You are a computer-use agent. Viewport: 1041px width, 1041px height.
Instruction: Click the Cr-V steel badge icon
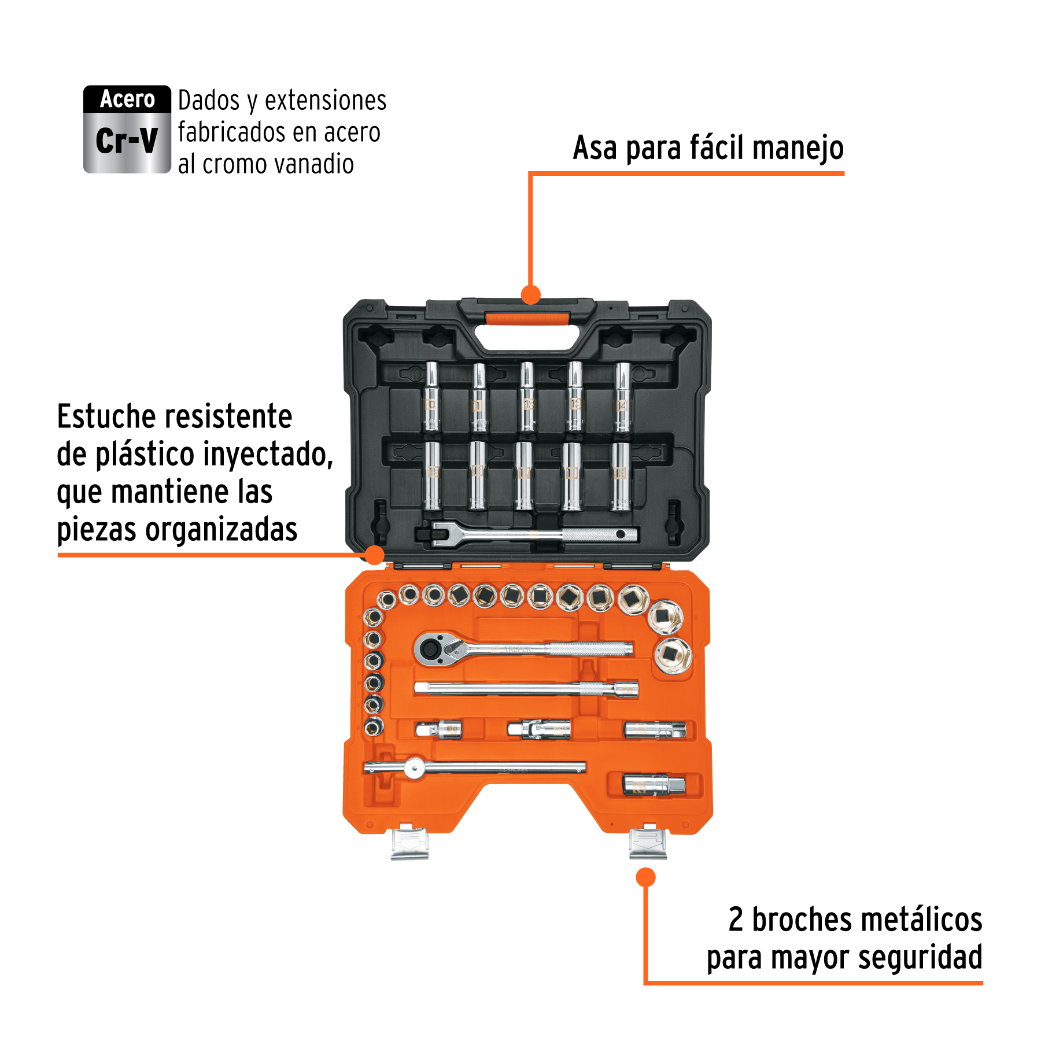(127, 129)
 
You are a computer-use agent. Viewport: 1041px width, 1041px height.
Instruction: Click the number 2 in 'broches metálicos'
(736, 920)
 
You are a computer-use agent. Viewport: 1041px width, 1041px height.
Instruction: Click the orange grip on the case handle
(527, 318)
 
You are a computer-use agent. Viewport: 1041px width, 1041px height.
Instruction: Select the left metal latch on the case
(409, 843)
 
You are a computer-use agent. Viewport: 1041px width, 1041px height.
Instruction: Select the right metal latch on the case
(648, 843)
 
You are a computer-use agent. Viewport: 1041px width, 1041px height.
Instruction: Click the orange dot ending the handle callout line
(530, 294)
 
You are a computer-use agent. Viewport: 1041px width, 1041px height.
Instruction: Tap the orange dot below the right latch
(645, 877)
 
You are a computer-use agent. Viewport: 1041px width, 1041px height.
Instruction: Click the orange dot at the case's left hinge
(375, 555)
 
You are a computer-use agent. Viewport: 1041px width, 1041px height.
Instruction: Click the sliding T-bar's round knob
(414, 768)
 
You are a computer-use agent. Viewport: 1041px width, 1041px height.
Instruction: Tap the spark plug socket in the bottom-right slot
(654, 785)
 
